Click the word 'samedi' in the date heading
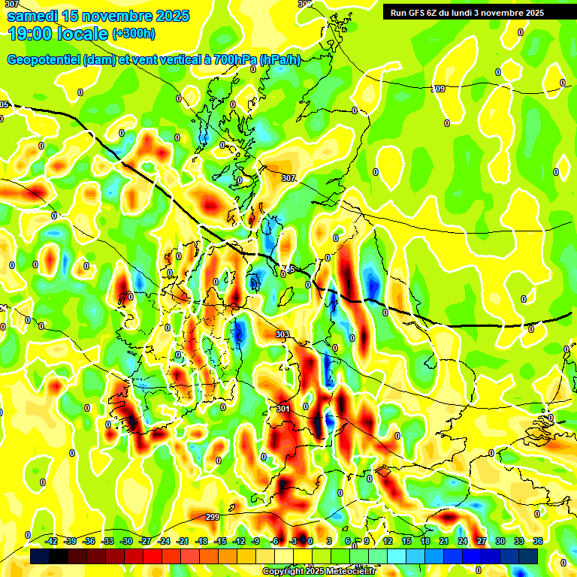(x=33, y=16)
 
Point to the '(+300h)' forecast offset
(x=135, y=34)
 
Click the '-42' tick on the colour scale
(x=52, y=541)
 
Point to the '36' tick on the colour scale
(x=538, y=541)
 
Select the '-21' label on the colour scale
(x=183, y=541)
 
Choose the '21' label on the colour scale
(x=444, y=541)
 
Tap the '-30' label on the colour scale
(x=126, y=541)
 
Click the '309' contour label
(x=438, y=89)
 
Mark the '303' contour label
(x=282, y=334)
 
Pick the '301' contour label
(x=282, y=409)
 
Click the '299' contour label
(x=213, y=517)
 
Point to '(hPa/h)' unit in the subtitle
(x=279, y=60)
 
